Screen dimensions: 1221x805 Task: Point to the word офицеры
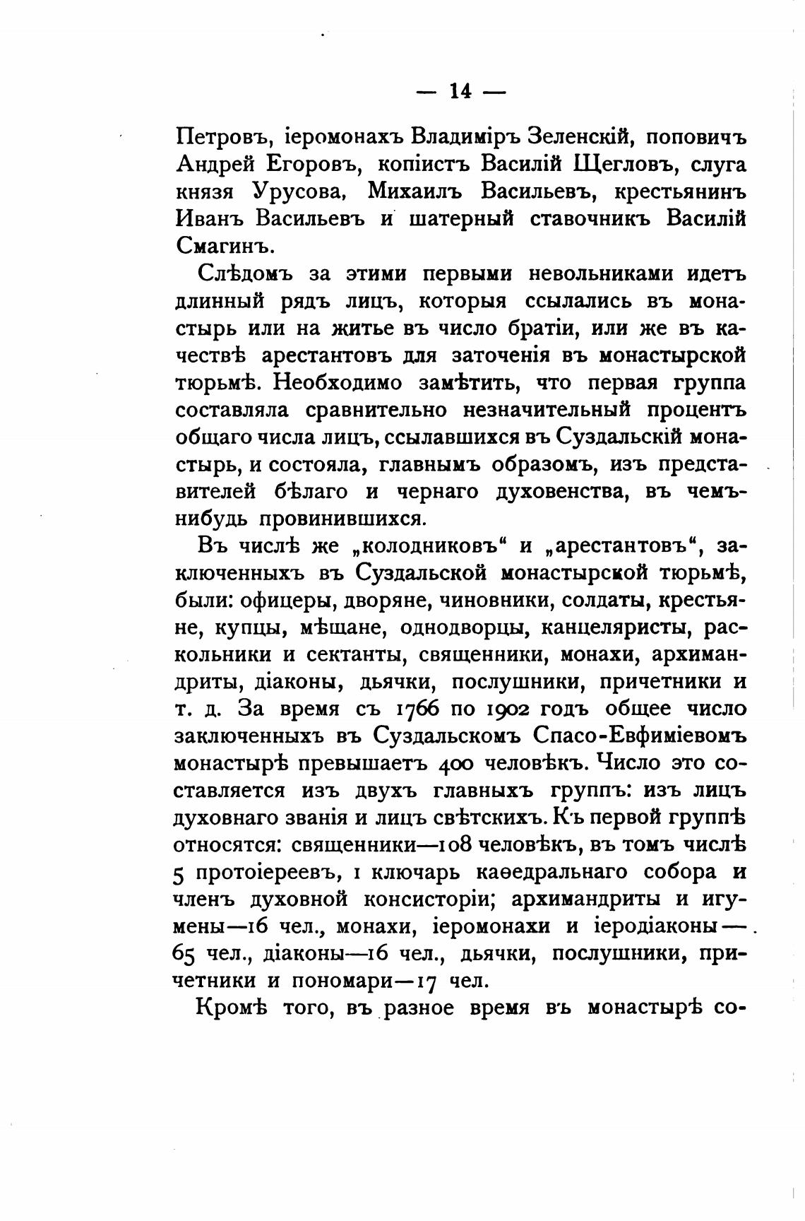[x=282, y=601]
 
